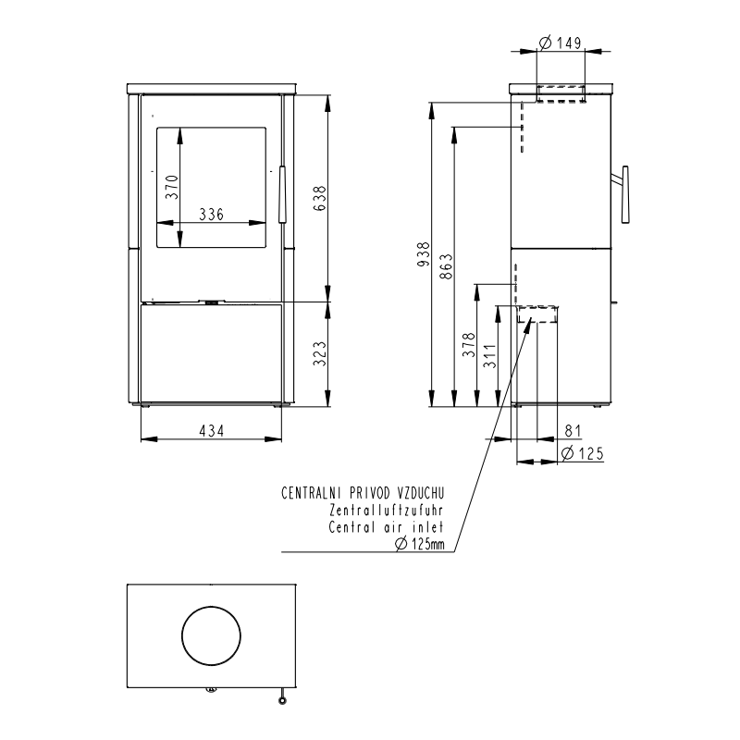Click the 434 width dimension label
point(211,431)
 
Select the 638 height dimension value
point(319,198)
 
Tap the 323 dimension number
point(319,354)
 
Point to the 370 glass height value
point(172,187)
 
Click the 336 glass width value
point(211,215)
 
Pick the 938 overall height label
point(424,253)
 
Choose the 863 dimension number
point(446,266)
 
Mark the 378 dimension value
point(469,345)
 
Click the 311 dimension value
point(490,356)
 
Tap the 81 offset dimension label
point(573,431)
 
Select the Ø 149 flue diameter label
point(561,43)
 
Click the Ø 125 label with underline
point(583,453)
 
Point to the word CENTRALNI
point(312,493)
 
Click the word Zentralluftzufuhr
point(387,511)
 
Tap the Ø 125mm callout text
point(420,544)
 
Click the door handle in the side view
point(623,194)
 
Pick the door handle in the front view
point(282,194)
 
